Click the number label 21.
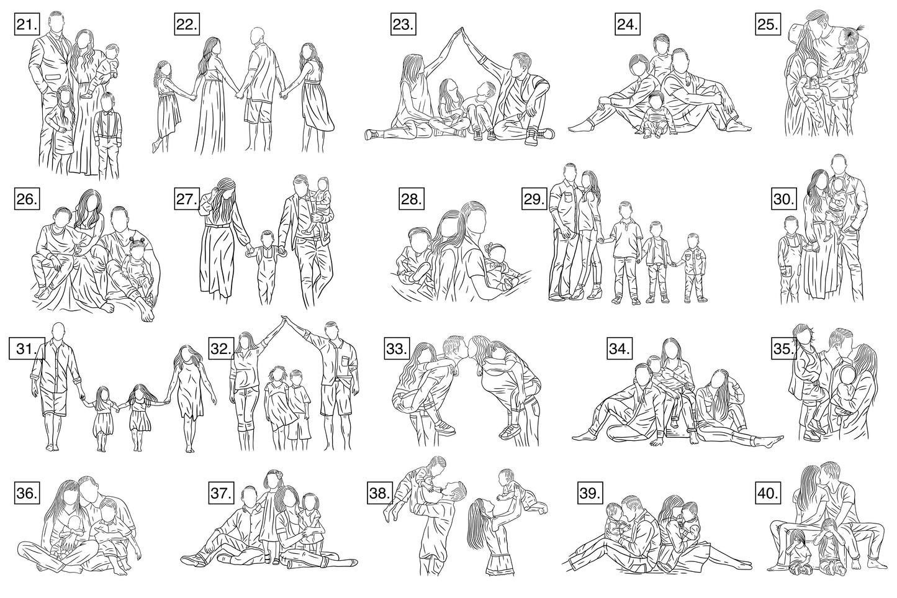pyautogui.click(x=27, y=24)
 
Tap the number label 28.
pyautogui.click(x=412, y=199)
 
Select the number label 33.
pyautogui.click(x=397, y=349)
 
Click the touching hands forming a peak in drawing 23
pyautogui.click(x=461, y=31)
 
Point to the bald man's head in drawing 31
pyautogui.click(x=59, y=331)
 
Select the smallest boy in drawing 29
pyautogui.click(x=694, y=268)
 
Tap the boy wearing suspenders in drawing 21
pyautogui.click(x=108, y=135)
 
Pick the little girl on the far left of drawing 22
pyautogui.click(x=168, y=106)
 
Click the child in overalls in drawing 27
pyautogui.click(x=265, y=266)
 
